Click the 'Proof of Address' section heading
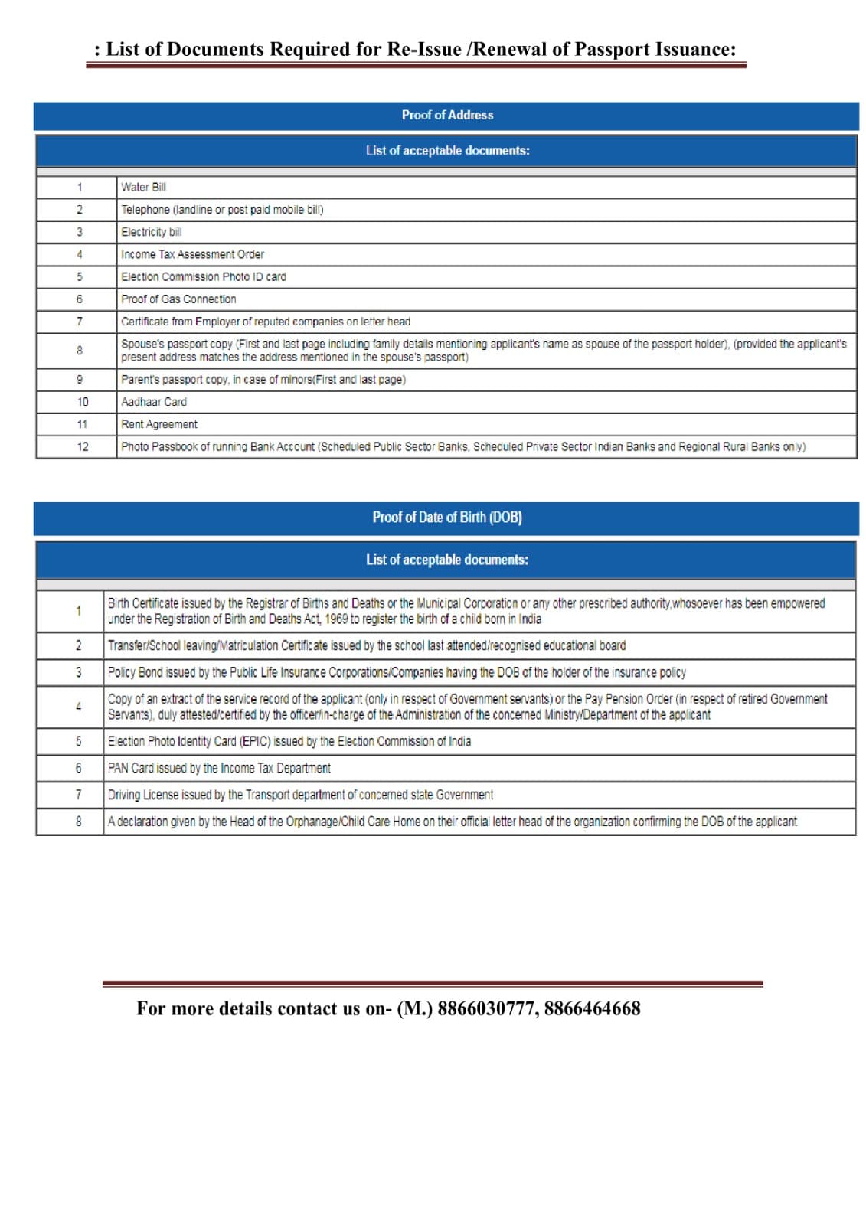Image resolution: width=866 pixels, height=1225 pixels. click(447, 115)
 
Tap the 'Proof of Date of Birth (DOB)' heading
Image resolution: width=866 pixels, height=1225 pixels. click(447, 518)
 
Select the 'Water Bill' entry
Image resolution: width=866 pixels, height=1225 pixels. click(143, 187)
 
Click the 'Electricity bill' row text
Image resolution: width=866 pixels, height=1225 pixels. click(152, 232)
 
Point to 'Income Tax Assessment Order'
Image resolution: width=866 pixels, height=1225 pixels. click(192, 254)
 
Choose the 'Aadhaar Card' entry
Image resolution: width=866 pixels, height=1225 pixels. click(153, 402)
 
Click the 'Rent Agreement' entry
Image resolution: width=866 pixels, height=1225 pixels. click(158, 424)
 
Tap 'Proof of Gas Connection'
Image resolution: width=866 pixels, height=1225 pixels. click(178, 299)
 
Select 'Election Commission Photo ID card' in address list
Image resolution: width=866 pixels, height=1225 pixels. click(204, 277)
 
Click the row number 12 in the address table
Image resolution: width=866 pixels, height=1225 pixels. click(82, 447)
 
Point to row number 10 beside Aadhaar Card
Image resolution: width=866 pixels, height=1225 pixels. click(82, 402)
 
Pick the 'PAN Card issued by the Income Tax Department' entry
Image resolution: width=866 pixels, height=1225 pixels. click(219, 768)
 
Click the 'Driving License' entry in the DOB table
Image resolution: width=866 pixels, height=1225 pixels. click(300, 795)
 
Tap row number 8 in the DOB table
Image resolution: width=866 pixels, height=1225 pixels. click(78, 822)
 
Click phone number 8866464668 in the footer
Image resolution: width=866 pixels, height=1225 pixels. click(592, 1008)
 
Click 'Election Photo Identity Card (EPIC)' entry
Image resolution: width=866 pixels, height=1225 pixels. click(289, 741)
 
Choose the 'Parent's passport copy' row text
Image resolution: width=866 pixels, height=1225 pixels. click(263, 380)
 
